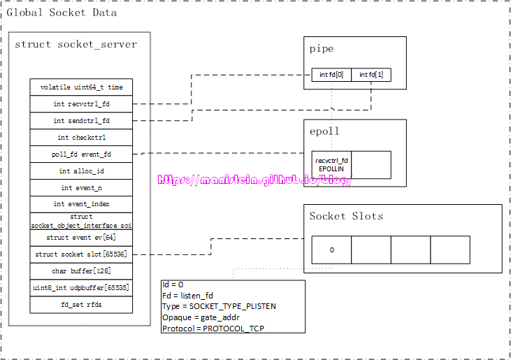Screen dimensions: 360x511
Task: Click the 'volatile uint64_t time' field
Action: click(81, 87)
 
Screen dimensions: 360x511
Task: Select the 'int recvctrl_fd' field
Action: click(81, 104)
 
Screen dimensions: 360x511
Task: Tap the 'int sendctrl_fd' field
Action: click(81, 121)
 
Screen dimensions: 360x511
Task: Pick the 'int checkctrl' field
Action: click(81, 138)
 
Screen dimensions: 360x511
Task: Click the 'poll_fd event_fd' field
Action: click(81, 154)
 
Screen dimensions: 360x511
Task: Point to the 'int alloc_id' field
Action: click(81, 171)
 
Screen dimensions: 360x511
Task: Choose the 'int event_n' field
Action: click(81, 188)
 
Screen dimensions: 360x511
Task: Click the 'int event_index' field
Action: click(81, 204)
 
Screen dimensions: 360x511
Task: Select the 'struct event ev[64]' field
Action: click(81, 238)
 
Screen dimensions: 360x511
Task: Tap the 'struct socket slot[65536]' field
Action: click(81, 254)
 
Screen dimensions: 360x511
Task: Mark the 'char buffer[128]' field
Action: click(81, 271)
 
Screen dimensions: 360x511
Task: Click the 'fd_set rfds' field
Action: click(81, 305)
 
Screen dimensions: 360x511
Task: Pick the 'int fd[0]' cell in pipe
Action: click(331, 75)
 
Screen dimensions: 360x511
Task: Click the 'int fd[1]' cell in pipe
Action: click(370, 75)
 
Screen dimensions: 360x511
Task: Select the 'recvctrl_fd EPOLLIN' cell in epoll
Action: click(331, 165)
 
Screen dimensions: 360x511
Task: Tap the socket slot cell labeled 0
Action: click(331, 250)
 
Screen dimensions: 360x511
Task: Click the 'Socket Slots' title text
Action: click(346, 216)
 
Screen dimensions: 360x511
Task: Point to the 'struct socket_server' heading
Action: click(76, 45)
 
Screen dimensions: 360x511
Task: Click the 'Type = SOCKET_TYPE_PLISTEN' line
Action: click(219, 306)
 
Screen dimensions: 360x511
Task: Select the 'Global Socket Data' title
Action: click(62, 13)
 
